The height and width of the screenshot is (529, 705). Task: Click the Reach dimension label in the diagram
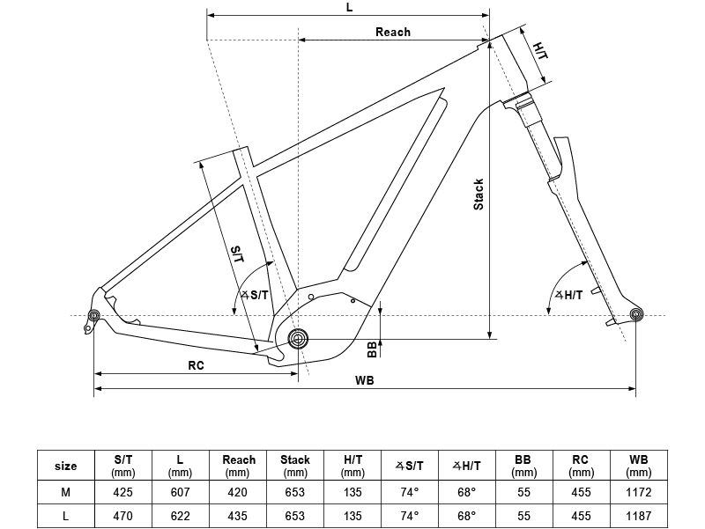coord(393,32)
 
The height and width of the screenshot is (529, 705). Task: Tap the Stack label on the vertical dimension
coord(479,195)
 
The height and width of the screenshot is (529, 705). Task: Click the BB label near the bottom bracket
coord(372,349)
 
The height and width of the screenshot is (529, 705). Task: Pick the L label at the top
coord(349,6)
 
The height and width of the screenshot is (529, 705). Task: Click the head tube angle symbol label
coord(568,295)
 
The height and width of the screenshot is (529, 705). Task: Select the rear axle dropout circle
coord(93,316)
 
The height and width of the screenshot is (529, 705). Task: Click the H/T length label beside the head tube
coord(539,50)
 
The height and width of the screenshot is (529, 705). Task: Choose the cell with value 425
coord(123,492)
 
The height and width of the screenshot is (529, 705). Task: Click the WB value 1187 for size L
coord(638,515)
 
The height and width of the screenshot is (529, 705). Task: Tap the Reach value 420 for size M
coord(238,492)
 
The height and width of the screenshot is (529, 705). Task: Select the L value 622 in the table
coord(181,515)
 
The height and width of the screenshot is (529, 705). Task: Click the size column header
coord(66,466)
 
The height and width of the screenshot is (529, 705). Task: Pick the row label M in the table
coord(66,492)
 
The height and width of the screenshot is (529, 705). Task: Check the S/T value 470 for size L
coord(123,515)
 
